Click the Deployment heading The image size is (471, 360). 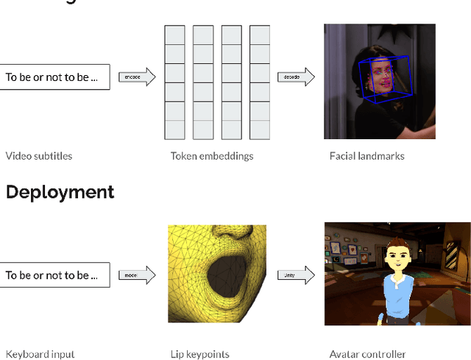(x=60, y=192)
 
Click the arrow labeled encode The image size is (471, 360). (x=137, y=77)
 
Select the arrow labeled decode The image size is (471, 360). (x=296, y=77)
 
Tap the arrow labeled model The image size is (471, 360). (x=137, y=275)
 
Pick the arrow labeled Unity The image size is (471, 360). (x=296, y=275)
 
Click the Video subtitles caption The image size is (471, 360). (x=39, y=156)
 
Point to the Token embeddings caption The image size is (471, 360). (x=212, y=156)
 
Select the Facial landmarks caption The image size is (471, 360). (x=366, y=156)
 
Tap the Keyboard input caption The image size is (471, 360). (x=40, y=354)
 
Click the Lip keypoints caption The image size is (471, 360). (x=200, y=354)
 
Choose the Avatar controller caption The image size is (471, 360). (x=366, y=354)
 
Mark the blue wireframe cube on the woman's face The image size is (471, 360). (x=383, y=78)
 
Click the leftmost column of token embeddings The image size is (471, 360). (x=174, y=82)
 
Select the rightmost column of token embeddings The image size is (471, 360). (x=260, y=82)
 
